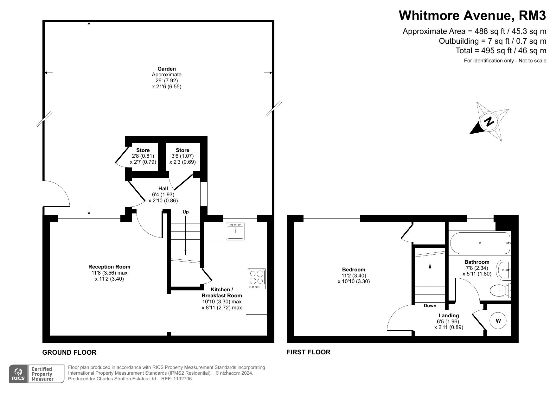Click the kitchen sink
pos(235,231)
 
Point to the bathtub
pos(480,243)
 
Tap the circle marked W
pos(498,321)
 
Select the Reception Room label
pos(109,267)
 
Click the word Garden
pos(167,69)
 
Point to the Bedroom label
pos(354,270)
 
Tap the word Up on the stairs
pos(186,212)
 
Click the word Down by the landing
pos(430,306)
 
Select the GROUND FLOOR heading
pos(69,352)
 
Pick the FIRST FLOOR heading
pos(309,352)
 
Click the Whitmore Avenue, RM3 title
pos(472,15)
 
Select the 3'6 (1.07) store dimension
pos(182,156)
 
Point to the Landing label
pos(449,315)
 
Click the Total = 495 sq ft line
pos(501,50)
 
